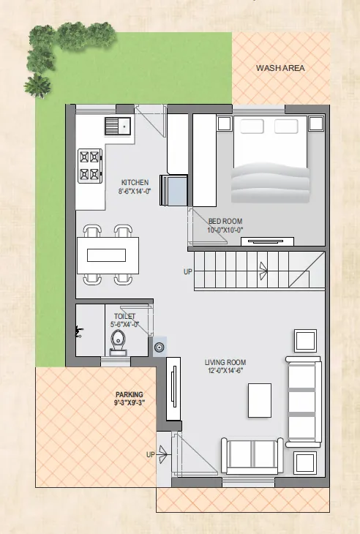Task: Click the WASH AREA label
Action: pos(280,68)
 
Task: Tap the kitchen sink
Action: pos(118,126)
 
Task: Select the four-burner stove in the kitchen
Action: pos(90,166)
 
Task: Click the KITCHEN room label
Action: pos(135,183)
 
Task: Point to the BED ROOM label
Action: pos(225,222)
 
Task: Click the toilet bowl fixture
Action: pos(119,342)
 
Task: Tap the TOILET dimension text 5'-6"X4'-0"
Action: pos(124,325)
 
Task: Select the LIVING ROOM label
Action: pos(225,362)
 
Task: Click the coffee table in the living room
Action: pos(260,400)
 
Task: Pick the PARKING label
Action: pos(130,395)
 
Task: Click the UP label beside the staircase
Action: pos(188,272)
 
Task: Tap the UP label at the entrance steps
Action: pos(151,455)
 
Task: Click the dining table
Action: pos(108,255)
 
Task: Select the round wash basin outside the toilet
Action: pos(160,347)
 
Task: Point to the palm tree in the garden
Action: pos(37,86)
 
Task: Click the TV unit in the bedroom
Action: pos(267,241)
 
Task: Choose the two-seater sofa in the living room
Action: pos(252,456)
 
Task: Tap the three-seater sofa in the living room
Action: pos(304,402)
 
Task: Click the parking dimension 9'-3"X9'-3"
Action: pos(130,403)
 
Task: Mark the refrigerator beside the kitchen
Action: pos(173,190)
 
